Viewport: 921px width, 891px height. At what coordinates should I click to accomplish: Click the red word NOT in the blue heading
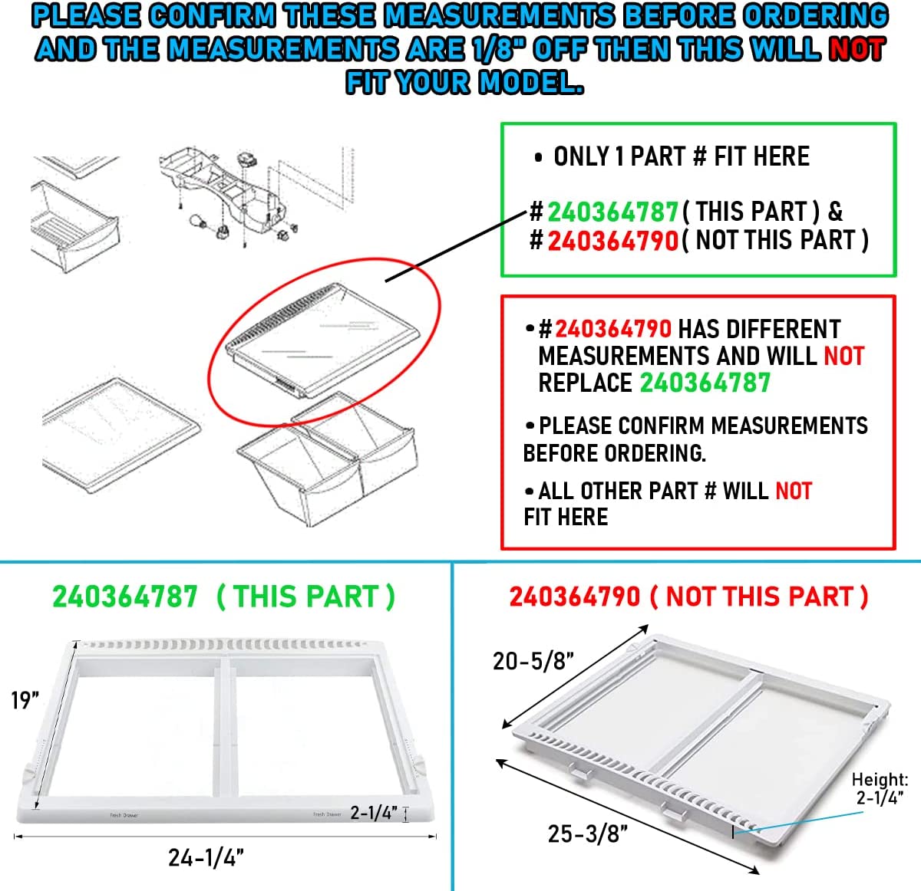tap(857, 49)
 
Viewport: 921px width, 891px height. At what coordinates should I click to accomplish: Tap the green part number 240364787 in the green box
tap(613, 212)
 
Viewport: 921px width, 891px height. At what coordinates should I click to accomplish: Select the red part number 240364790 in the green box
tap(613, 240)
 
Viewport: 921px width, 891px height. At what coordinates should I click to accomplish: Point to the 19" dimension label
tap(25, 700)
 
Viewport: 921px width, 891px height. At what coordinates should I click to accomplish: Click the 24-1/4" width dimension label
tap(206, 857)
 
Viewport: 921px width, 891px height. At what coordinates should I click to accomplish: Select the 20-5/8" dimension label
tap(533, 661)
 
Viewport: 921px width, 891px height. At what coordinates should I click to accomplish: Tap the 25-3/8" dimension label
tap(588, 833)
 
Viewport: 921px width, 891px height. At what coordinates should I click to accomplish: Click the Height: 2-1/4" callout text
tap(880, 788)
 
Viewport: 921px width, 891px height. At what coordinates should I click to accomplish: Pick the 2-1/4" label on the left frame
tap(374, 813)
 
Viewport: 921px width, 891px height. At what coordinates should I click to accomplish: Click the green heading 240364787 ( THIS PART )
tap(223, 597)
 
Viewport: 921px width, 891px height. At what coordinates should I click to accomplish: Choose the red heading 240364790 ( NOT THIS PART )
tap(688, 597)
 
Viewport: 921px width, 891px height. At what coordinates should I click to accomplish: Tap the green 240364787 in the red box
tap(705, 383)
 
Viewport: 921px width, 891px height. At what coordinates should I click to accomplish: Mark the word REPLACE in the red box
tap(585, 383)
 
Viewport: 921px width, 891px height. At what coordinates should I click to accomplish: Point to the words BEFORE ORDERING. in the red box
tap(614, 453)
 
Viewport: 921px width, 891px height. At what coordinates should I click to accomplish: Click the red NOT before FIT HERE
tap(794, 491)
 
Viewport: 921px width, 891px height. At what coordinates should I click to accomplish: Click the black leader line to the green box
tap(456, 246)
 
